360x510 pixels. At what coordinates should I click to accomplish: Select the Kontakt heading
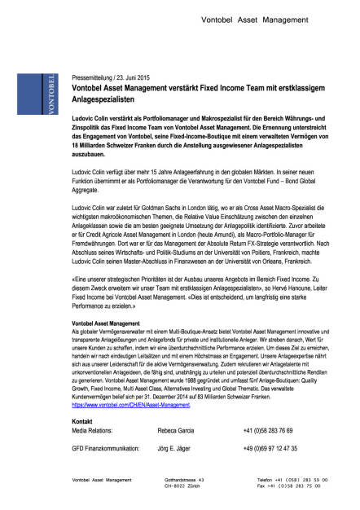[83, 420]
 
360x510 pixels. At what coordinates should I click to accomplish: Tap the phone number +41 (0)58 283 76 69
[270, 429]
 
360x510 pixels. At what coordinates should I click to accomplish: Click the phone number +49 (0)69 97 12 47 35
[270, 448]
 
